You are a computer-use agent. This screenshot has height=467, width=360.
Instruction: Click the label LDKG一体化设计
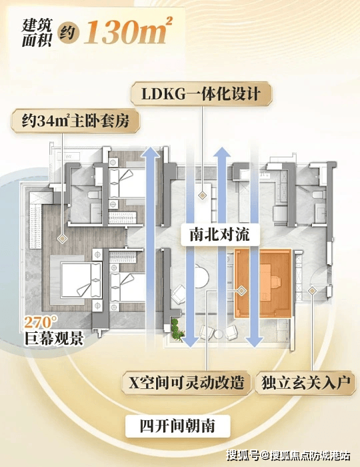pyautogui.click(x=201, y=94)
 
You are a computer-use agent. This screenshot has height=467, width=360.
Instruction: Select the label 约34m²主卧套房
pyautogui.click(x=75, y=121)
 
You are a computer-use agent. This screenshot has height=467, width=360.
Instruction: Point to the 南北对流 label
pyautogui.click(x=220, y=235)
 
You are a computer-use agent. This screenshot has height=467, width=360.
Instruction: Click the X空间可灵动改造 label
pyautogui.click(x=186, y=382)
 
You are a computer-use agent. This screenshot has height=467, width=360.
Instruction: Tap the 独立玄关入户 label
pyautogui.click(x=305, y=382)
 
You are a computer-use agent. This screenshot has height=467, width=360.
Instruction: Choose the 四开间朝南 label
pyautogui.click(x=177, y=426)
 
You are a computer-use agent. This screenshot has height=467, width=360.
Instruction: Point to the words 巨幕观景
pyautogui.click(x=53, y=338)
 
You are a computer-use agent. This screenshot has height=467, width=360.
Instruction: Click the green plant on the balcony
pyautogui.click(x=177, y=329)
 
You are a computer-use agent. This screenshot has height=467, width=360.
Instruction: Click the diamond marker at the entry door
pyautogui.click(x=312, y=290)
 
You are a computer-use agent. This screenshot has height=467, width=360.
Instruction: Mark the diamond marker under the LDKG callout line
pyautogui.click(x=202, y=195)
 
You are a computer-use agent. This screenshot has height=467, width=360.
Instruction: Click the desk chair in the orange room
pyautogui.click(x=277, y=281)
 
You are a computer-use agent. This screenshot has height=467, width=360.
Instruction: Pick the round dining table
pyautogui.click(x=202, y=276)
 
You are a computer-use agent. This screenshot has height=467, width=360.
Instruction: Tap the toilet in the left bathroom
pyautogui.click(x=94, y=195)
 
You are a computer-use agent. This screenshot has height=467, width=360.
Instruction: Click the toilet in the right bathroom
pyautogui.click(x=319, y=195)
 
